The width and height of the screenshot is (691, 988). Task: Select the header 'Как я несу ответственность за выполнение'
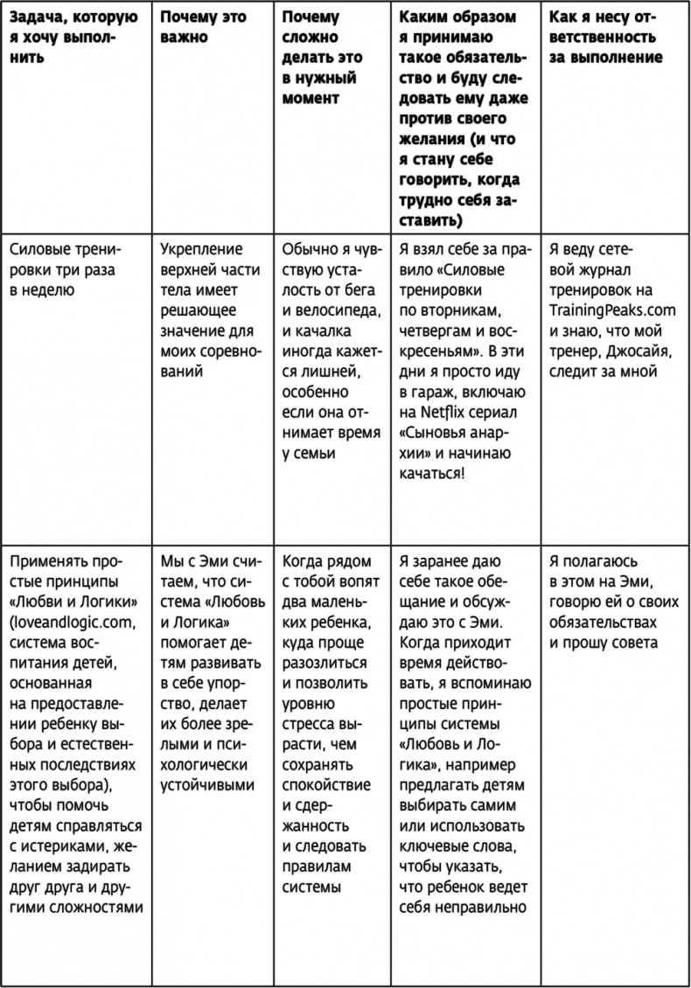604,38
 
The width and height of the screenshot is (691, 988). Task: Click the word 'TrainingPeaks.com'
602,310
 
